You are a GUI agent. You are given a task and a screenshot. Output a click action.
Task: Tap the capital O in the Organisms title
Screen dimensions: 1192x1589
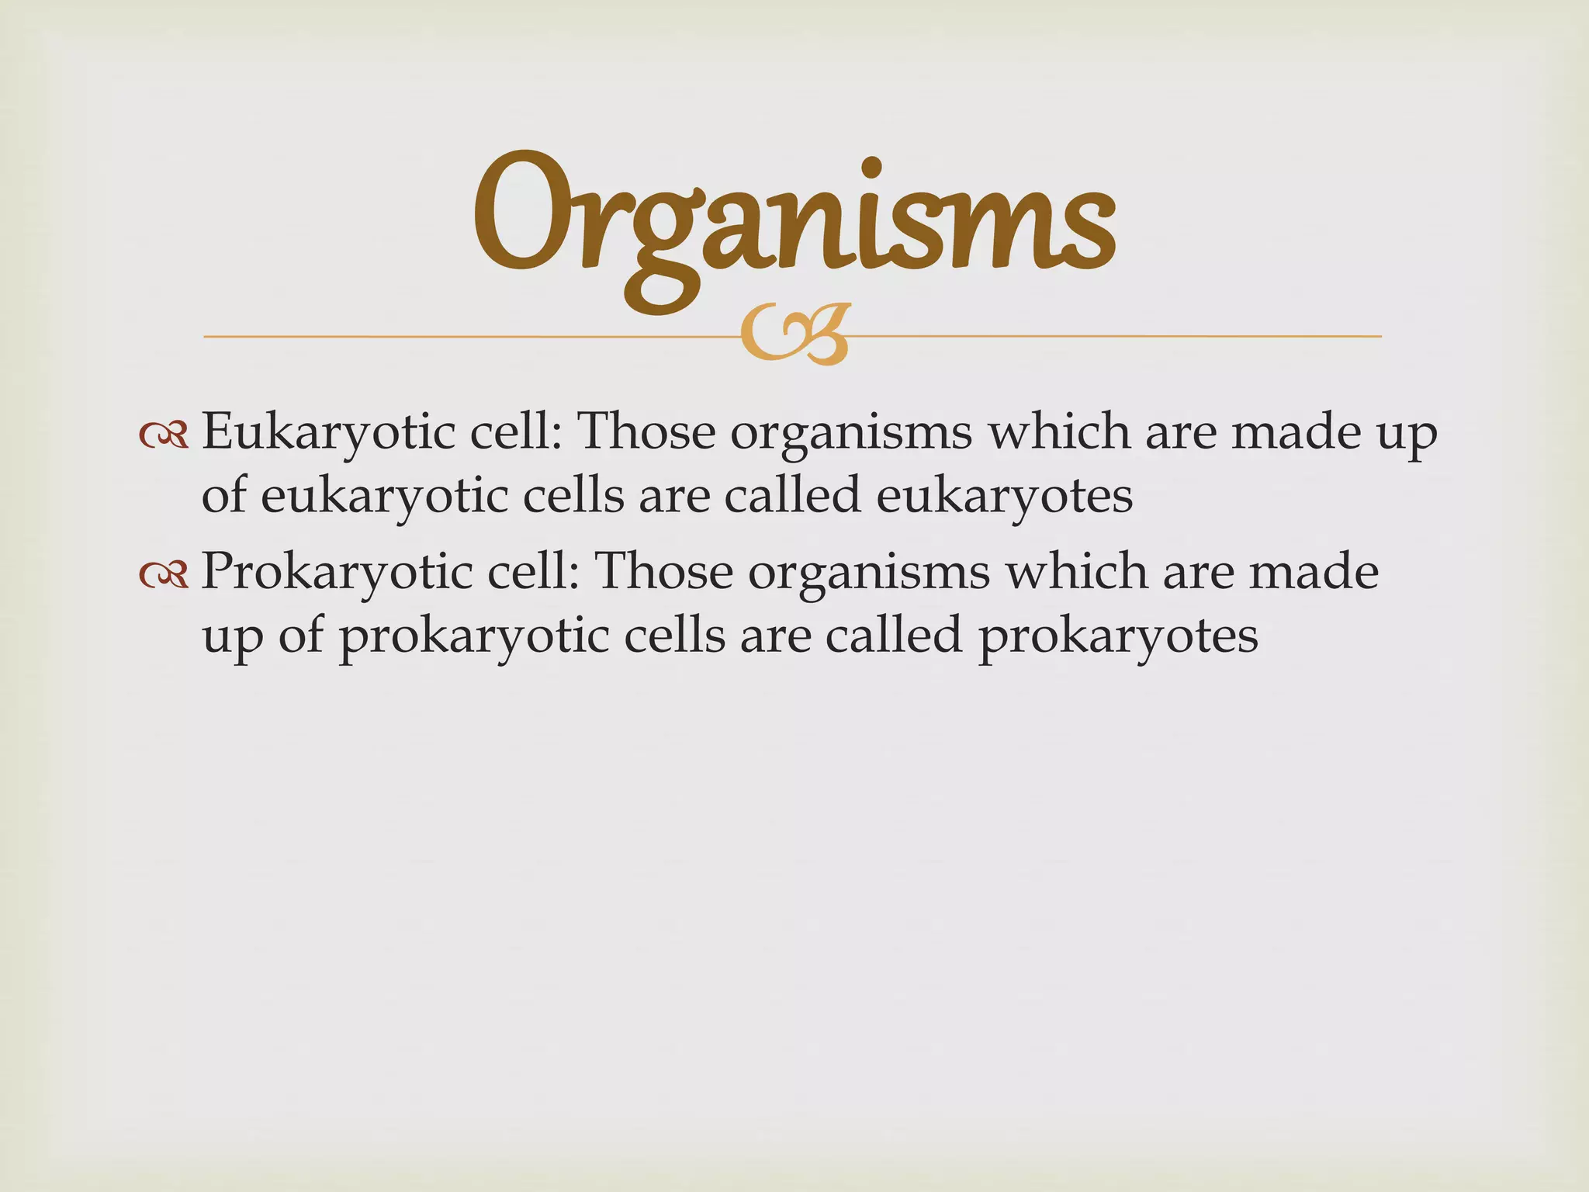[x=528, y=211]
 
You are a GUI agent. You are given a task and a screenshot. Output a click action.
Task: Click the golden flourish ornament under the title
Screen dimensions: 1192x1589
[x=795, y=335]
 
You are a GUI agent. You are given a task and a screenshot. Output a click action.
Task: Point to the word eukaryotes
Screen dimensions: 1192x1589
[x=1004, y=497]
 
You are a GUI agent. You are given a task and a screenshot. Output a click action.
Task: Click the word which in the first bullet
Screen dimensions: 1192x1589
[x=1058, y=431]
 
